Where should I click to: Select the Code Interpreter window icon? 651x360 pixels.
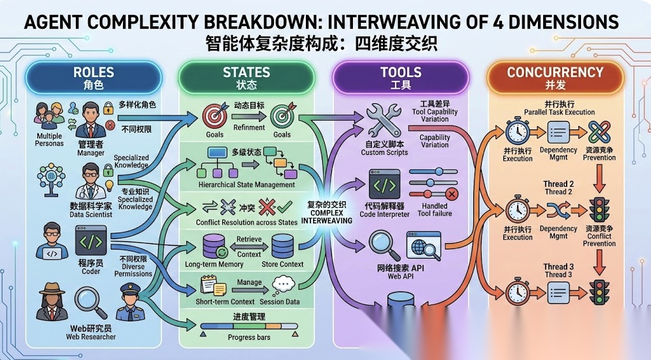pyautogui.click(x=384, y=184)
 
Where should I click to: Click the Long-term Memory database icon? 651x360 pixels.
pyautogui.click(x=214, y=246)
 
